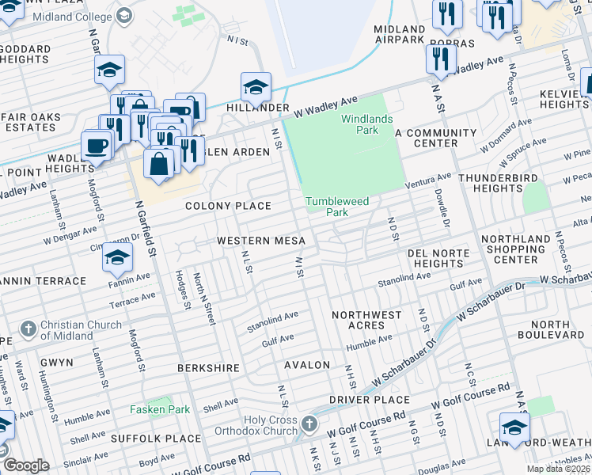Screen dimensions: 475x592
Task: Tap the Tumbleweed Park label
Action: click(x=338, y=207)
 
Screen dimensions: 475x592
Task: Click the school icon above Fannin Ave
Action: click(x=116, y=257)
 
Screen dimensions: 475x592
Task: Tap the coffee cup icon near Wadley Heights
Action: click(x=97, y=146)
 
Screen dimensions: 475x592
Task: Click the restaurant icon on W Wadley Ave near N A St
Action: click(x=441, y=58)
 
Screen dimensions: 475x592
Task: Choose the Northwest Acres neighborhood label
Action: click(x=366, y=320)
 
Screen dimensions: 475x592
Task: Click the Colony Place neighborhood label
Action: click(x=228, y=206)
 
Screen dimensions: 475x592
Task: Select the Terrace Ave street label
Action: click(x=132, y=298)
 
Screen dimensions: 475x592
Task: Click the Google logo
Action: click(x=25, y=465)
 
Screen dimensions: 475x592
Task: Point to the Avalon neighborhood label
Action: click(x=306, y=365)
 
